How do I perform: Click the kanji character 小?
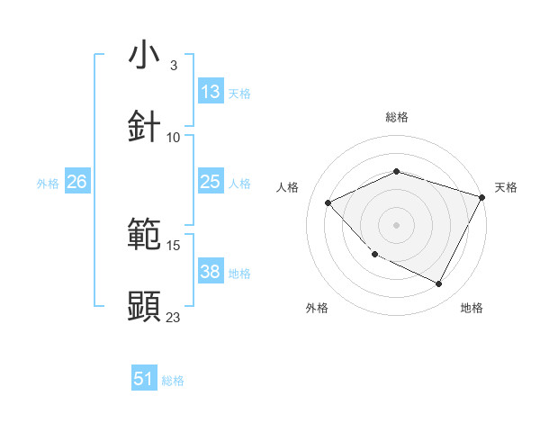click(x=144, y=56)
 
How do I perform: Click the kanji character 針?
click(x=144, y=127)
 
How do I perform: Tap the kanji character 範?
click(x=144, y=236)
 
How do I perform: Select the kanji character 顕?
click(x=144, y=306)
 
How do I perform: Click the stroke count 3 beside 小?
click(x=174, y=66)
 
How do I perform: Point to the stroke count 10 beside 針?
click(x=174, y=138)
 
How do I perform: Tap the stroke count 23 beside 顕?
click(x=174, y=317)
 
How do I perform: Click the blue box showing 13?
click(x=211, y=92)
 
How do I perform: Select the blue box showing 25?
click(x=211, y=182)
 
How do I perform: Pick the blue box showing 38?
click(x=211, y=272)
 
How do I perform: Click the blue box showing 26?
click(x=77, y=182)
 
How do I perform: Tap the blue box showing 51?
click(x=144, y=379)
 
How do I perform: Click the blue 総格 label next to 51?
click(x=173, y=381)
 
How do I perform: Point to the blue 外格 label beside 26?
click(x=48, y=184)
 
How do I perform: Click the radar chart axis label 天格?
click(x=507, y=187)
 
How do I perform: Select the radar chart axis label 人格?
click(x=287, y=187)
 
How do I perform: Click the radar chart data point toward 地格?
click(x=439, y=283)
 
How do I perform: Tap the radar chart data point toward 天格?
click(x=482, y=197)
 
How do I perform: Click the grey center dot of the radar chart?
click(x=396, y=225)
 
